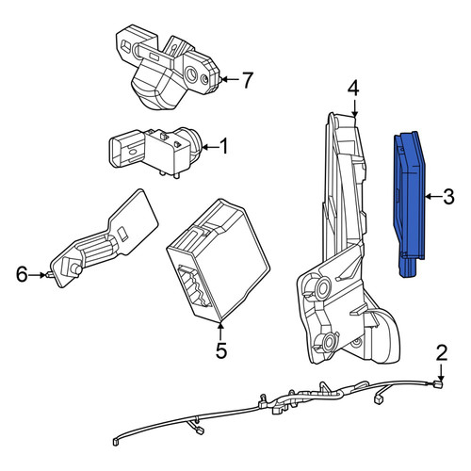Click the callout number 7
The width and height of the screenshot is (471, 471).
(247, 80)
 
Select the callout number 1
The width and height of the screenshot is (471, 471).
(223, 147)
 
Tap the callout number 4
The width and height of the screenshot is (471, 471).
(353, 89)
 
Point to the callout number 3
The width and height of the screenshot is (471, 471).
(448, 197)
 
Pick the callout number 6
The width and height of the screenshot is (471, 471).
(22, 275)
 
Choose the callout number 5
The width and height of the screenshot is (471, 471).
(221, 350)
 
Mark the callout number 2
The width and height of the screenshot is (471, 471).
(441, 353)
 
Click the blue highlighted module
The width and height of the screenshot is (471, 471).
(409, 204)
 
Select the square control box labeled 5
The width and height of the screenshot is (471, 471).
(219, 261)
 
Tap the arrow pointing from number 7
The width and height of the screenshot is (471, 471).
(229, 80)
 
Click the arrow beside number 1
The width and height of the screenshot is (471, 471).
(210, 147)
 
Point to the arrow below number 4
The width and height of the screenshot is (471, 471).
(354, 108)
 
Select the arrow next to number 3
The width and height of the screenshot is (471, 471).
(433, 197)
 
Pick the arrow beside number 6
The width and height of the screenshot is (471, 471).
(38, 275)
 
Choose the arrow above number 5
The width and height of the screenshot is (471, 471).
(221, 331)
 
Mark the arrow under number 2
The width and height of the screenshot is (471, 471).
(441, 373)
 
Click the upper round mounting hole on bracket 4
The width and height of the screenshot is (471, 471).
(323, 287)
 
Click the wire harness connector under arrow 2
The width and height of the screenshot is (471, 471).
(438, 384)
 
